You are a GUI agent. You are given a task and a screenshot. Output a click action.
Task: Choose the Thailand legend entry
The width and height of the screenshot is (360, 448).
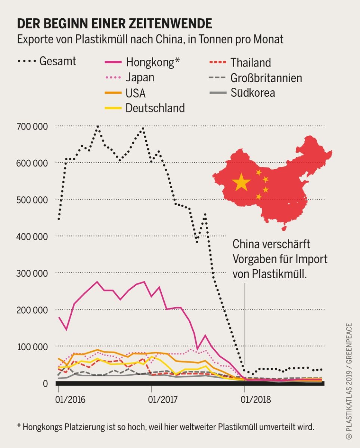(x=251, y=62)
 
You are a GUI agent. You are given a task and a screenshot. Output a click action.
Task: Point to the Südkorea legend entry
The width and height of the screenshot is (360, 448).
(x=253, y=93)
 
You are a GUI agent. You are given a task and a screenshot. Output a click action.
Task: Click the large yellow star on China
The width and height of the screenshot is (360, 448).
(x=241, y=182)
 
